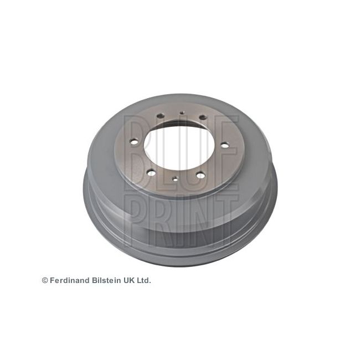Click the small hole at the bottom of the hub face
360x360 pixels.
pos(174,178)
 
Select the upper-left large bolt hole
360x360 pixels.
pos(160,116)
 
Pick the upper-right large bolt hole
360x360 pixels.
pos(203,117)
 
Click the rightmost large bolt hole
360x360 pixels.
pos(224,145)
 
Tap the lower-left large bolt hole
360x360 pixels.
pos(151,173)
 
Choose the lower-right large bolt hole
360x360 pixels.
pos(200,176)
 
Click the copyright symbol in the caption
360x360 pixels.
pos(45,281)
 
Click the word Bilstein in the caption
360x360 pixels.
pos(105,281)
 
